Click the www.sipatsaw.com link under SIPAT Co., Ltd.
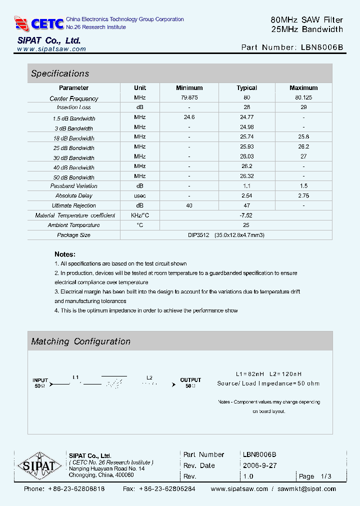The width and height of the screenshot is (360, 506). [x=51, y=49]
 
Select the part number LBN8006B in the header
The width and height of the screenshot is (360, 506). [x=322, y=47]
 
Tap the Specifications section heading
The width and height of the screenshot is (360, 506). [x=60, y=73]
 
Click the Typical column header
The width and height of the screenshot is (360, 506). [x=246, y=88]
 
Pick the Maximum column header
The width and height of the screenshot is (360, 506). [x=303, y=88]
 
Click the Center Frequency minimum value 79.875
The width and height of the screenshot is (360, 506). [x=189, y=97]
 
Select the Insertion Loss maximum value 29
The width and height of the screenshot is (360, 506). [x=303, y=107]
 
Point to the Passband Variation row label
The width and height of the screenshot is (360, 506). [x=73, y=186]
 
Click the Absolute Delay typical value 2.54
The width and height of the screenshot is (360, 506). [x=246, y=195]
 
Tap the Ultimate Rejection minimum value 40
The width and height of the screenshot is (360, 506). [x=189, y=205]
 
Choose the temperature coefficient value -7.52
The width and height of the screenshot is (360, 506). [x=246, y=215]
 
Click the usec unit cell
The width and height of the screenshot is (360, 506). [x=140, y=195]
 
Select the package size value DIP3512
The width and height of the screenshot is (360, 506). [x=200, y=235]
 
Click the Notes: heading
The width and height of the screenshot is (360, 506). [x=65, y=254]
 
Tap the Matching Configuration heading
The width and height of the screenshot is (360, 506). [x=80, y=341]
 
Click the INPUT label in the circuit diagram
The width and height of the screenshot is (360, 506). [x=40, y=380]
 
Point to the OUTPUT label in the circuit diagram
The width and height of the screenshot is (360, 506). [x=190, y=380]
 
